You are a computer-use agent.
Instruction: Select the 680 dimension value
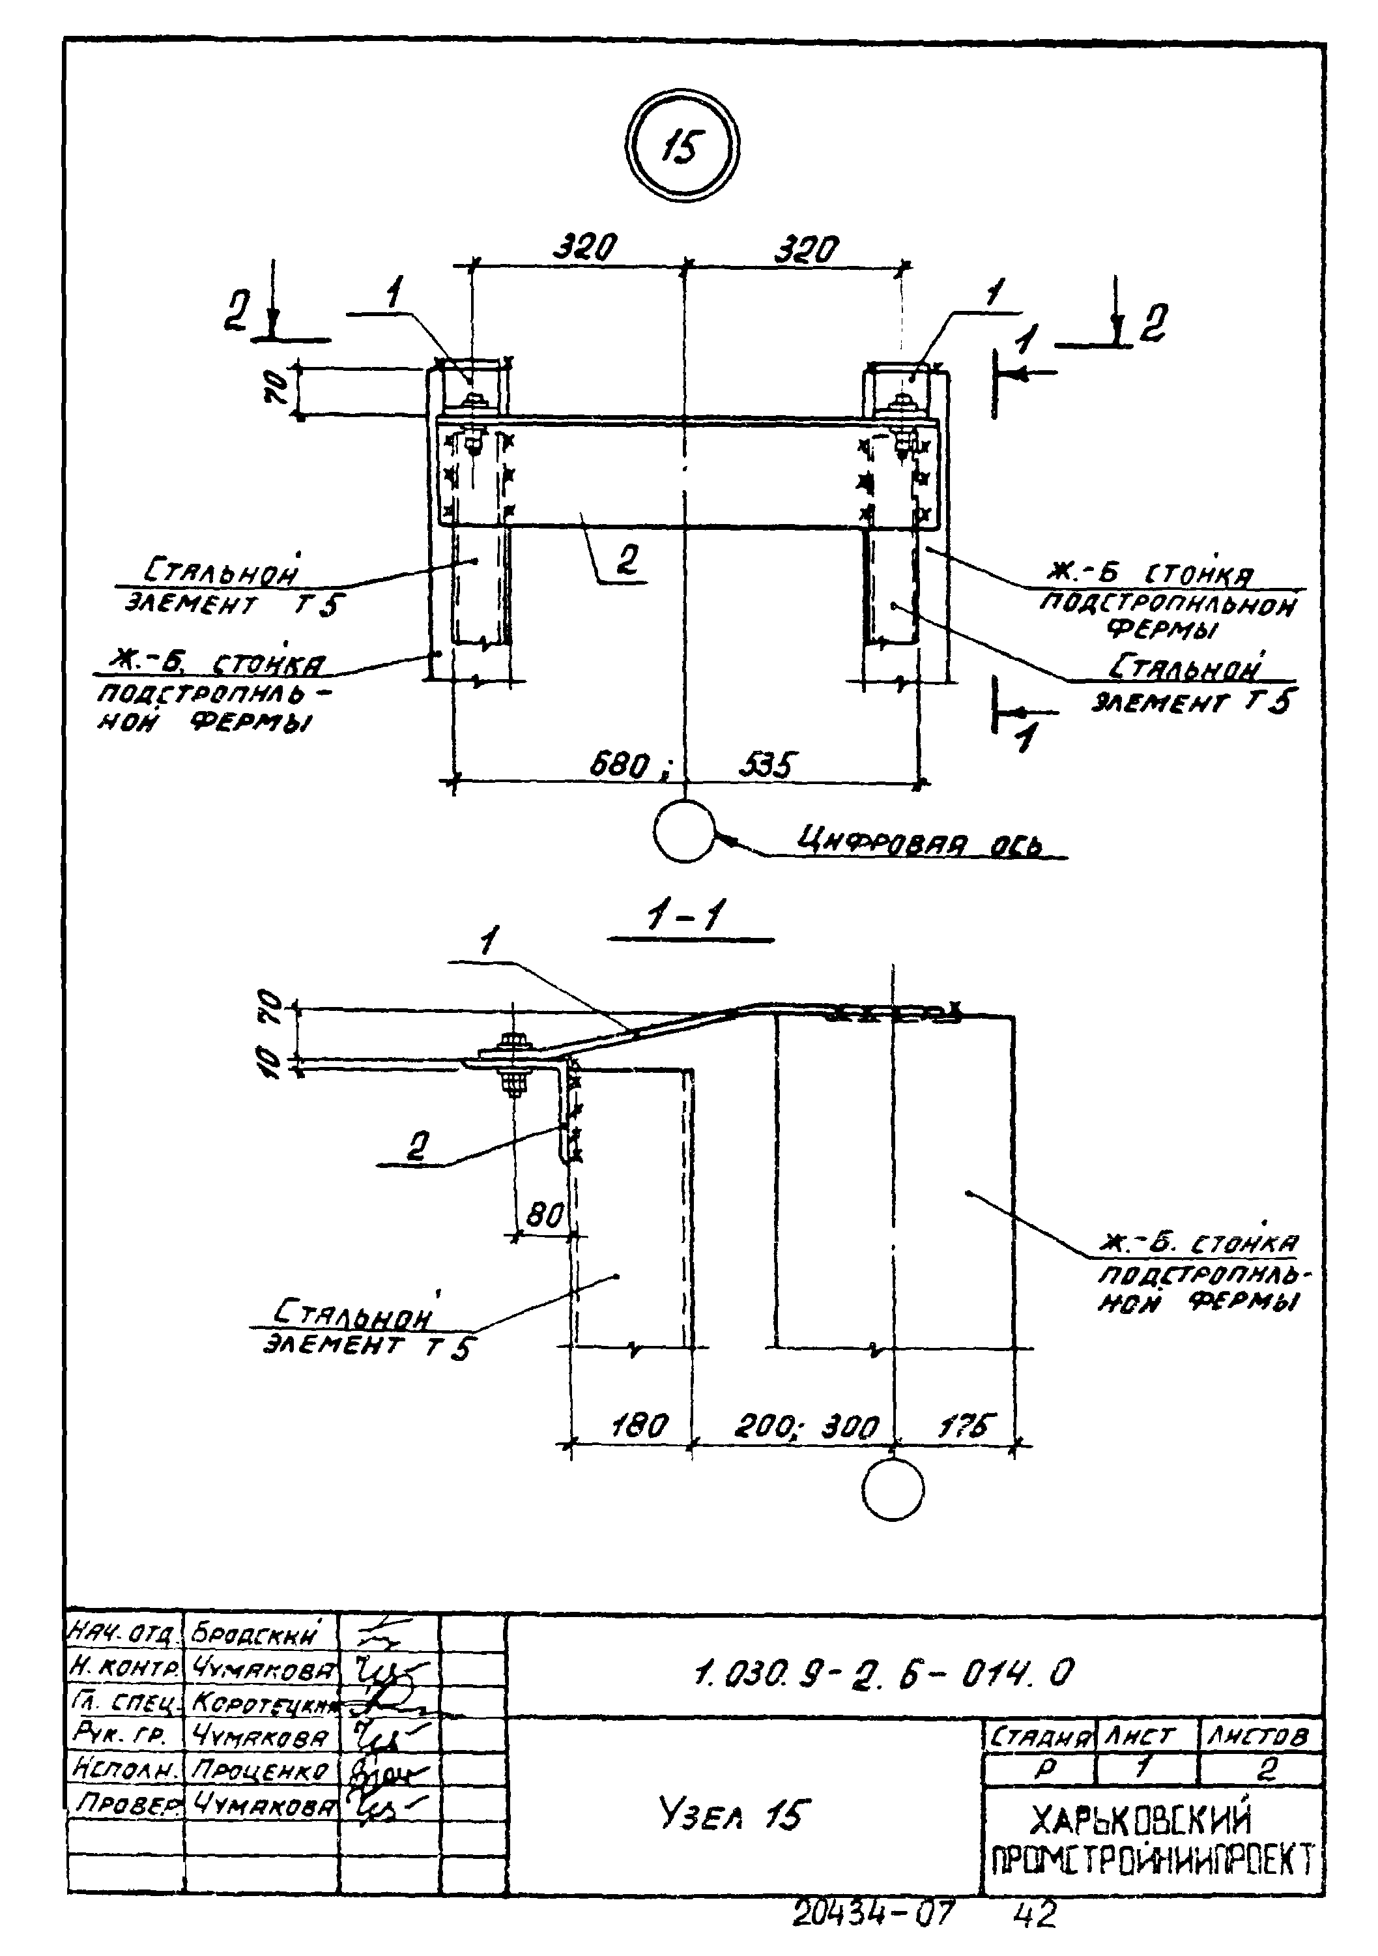(621, 765)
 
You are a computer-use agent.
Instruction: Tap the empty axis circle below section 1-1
(892, 1488)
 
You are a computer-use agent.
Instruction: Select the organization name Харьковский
(1141, 1820)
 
